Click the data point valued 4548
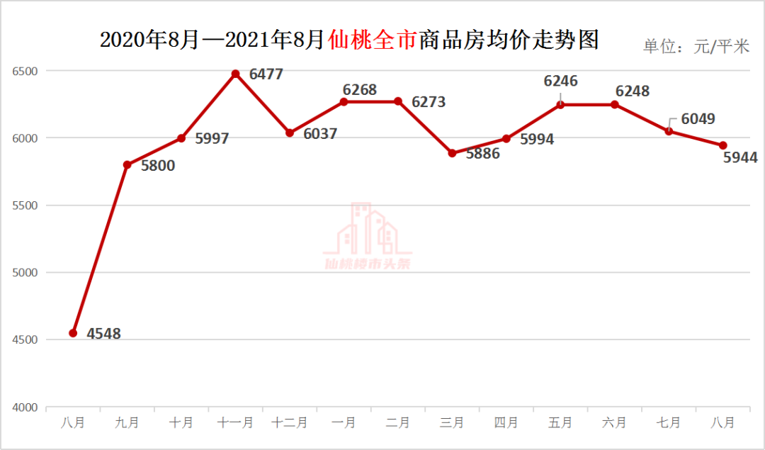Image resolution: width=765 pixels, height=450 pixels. [73, 333]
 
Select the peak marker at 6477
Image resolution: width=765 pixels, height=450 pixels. [236, 74]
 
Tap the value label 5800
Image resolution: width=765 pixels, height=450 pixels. [157, 166]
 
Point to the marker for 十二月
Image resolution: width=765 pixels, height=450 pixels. [290, 133]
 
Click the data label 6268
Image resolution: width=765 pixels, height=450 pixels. [360, 90]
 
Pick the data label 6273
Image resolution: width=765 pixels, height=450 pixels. [429, 102]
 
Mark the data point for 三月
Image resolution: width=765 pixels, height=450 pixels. [452, 153]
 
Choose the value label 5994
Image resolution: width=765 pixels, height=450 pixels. [537, 140]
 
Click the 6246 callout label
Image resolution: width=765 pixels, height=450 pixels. [560, 81]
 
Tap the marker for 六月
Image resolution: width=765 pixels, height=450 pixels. [614, 104]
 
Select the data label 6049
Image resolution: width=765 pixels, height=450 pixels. [698, 118]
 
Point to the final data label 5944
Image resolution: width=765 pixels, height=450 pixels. [740, 158]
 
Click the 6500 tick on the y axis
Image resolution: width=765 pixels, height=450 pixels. [23, 72]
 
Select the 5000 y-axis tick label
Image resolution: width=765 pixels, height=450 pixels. [23, 273]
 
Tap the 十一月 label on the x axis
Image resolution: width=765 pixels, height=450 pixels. [235, 422]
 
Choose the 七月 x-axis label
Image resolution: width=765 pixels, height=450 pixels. [668, 422]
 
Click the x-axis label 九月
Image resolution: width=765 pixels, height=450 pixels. [127, 422]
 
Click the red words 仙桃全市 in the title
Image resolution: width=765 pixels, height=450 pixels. [373, 40]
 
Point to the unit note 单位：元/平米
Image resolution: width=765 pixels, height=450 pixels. [696, 47]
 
